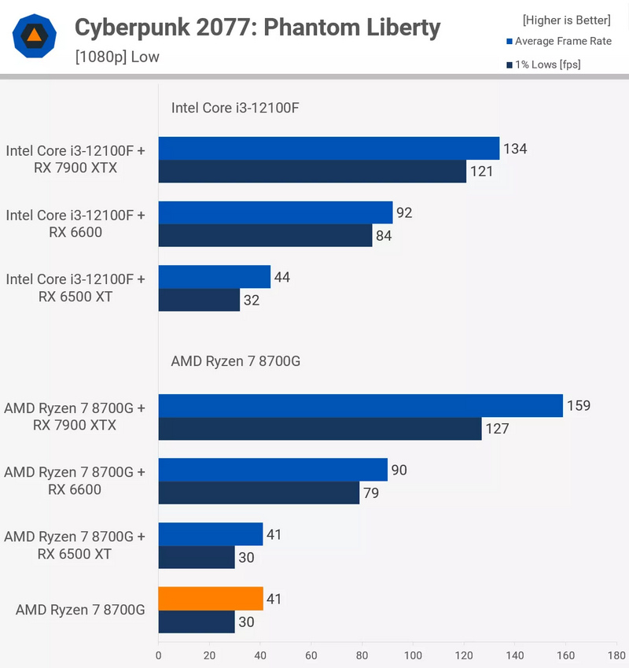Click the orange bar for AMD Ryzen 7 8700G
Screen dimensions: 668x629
(x=211, y=599)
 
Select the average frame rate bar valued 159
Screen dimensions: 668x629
(x=361, y=406)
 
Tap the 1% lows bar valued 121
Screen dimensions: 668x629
(x=312, y=172)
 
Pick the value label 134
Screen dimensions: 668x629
(x=516, y=149)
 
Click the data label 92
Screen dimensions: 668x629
(x=404, y=212)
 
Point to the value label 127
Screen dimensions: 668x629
(x=498, y=429)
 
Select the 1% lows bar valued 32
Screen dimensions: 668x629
(x=199, y=300)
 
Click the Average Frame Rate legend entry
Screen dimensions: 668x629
(x=559, y=41)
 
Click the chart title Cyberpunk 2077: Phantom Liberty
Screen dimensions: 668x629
(x=257, y=28)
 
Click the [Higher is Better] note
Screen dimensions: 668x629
(x=566, y=20)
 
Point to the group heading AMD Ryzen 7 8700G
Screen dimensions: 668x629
(x=236, y=362)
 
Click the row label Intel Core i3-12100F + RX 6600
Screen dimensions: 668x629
(x=75, y=223)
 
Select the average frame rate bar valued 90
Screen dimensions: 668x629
(x=273, y=470)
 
